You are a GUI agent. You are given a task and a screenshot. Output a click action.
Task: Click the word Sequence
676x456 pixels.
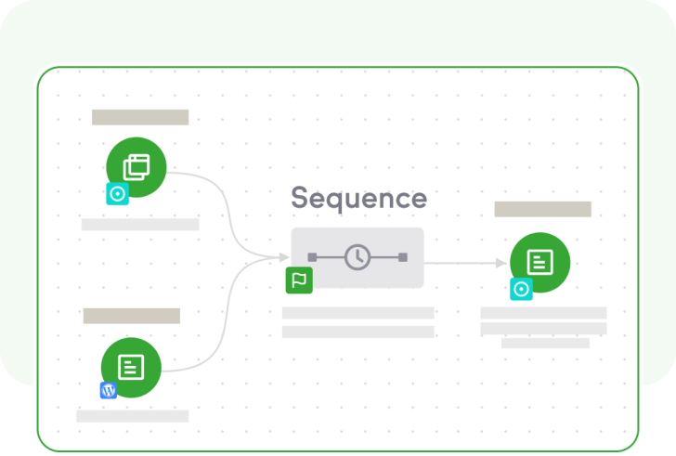pyautogui.click(x=358, y=199)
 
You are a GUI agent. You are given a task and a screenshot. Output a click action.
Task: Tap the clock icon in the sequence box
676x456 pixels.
pyautogui.click(x=357, y=257)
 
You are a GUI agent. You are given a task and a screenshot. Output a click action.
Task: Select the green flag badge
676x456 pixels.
pyautogui.click(x=299, y=280)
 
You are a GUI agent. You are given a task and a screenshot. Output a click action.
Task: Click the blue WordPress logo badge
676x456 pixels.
pyautogui.click(x=109, y=390)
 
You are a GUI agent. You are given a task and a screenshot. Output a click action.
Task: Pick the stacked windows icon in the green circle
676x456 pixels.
pyautogui.click(x=136, y=167)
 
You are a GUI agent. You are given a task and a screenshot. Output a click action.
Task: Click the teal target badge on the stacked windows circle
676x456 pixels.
pyautogui.click(x=117, y=194)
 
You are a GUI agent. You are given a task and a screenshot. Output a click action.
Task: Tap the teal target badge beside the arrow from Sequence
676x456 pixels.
pyautogui.click(x=521, y=289)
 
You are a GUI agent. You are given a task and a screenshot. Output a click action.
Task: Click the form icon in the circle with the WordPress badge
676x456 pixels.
pyautogui.click(x=131, y=367)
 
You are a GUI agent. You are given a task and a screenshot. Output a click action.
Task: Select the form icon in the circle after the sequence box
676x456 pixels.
pyautogui.click(x=540, y=262)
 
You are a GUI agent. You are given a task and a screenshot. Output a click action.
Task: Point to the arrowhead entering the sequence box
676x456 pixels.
pyautogui.click(x=284, y=257)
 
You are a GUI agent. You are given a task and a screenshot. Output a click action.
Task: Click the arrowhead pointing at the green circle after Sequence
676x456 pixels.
pyautogui.click(x=501, y=263)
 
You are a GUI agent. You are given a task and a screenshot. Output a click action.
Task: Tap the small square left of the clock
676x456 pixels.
pyautogui.click(x=312, y=257)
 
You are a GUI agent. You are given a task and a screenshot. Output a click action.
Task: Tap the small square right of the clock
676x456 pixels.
pyautogui.click(x=403, y=257)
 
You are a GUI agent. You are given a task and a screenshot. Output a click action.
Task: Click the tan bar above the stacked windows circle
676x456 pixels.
pyautogui.click(x=140, y=117)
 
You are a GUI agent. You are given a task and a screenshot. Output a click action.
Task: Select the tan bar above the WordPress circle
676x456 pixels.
pyautogui.click(x=132, y=316)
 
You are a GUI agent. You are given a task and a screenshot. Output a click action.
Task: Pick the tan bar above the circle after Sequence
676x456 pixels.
pyautogui.click(x=543, y=209)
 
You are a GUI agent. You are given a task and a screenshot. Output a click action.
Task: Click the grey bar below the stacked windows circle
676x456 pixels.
pyautogui.click(x=140, y=225)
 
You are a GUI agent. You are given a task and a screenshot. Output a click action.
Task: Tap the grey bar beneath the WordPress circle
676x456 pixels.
pyautogui.click(x=133, y=416)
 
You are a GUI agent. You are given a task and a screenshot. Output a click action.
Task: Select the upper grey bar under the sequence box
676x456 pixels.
pyautogui.click(x=357, y=313)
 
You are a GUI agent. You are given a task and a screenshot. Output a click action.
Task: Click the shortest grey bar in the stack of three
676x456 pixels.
pyautogui.click(x=545, y=343)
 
